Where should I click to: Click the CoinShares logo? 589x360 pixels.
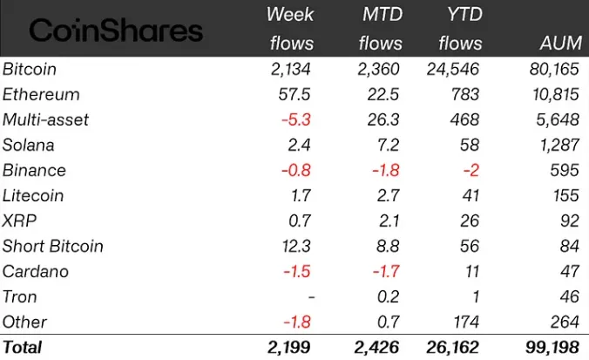click(116, 31)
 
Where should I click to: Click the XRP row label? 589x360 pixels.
click(20, 221)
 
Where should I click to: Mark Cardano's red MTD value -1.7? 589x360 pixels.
click(384, 271)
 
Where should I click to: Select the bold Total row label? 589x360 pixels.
click(23, 347)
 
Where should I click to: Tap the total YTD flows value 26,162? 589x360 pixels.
click(453, 347)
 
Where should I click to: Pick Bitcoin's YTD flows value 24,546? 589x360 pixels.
click(453, 69)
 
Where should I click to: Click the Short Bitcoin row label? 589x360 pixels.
click(52, 246)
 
